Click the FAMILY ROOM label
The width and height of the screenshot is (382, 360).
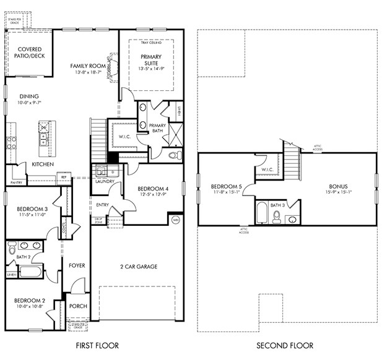point(87,66)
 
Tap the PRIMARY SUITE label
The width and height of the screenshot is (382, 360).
point(150,59)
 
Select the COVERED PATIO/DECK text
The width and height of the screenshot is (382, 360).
point(28,53)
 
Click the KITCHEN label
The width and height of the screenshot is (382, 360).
point(43,164)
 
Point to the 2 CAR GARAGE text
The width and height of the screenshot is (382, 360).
point(139,267)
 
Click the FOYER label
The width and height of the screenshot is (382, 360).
point(77,265)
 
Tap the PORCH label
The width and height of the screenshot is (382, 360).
point(78,306)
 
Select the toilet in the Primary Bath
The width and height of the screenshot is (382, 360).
point(175,154)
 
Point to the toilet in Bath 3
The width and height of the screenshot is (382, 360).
point(277,216)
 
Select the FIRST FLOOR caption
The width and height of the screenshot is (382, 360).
point(97,345)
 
